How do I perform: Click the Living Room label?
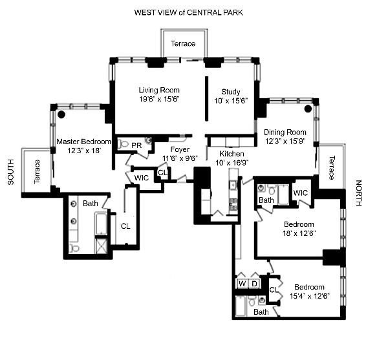[x=158, y=90]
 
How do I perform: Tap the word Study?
[x=231, y=91]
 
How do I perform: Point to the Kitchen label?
[x=231, y=154]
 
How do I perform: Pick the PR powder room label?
[x=136, y=145]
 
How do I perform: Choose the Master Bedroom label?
[x=84, y=142]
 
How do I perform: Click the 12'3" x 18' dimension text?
[x=84, y=151]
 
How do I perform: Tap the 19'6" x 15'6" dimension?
[x=158, y=100]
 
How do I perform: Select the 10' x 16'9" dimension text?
[x=232, y=163]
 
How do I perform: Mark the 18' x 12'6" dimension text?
[x=298, y=234]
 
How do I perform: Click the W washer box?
[x=242, y=283]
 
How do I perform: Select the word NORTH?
[x=359, y=194]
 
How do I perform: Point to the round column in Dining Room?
[x=308, y=109]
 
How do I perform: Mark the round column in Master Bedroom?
[x=61, y=114]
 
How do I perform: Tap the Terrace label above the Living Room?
[x=182, y=43]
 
